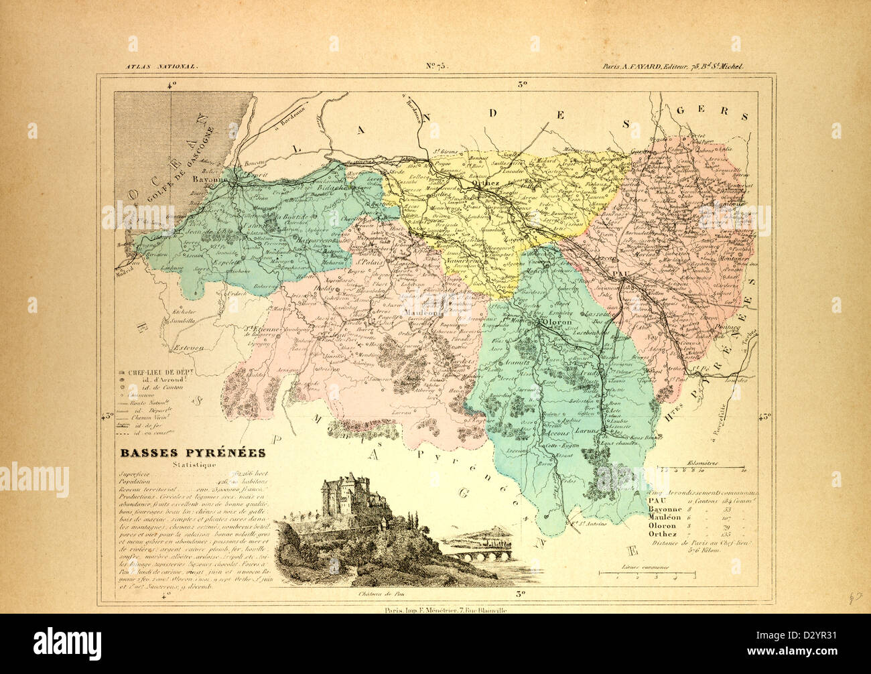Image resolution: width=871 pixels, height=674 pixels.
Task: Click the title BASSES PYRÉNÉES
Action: tap(192, 453)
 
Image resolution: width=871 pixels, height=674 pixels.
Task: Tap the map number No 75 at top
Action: tap(436, 66)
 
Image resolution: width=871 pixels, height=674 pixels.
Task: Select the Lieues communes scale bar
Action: tap(647, 574)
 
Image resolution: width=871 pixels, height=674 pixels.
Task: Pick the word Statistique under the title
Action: tap(192, 465)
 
